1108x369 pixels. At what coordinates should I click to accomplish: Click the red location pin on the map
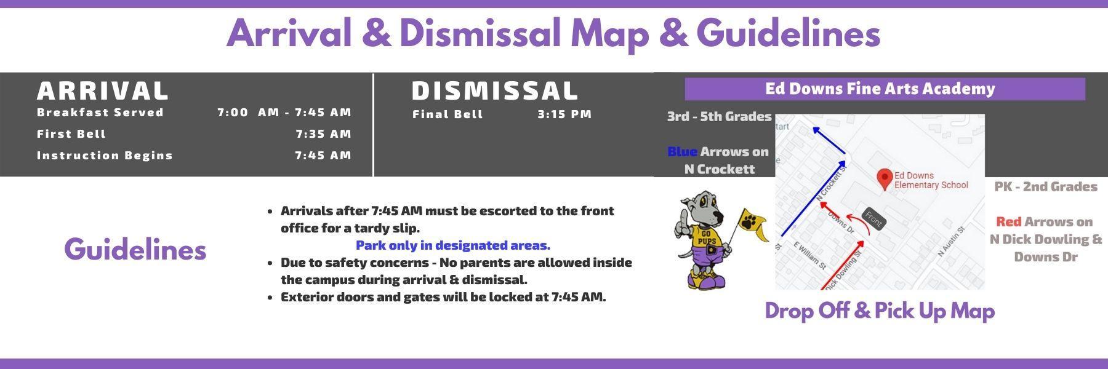pyautogui.click(x=885, y=179)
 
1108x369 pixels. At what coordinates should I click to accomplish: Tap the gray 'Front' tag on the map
pyautogui.click(x=873, y=218)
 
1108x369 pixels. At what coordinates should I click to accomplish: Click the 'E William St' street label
pyautogui.click(x=810, y=255)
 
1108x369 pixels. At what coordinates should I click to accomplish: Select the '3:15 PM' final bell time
pyautogui.click(x=564, y=114)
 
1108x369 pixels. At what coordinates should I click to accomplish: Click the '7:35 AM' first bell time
pyautogui.click(x=323, y=134)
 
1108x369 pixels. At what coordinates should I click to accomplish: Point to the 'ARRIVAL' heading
pyautogui.click(x=103, y=90)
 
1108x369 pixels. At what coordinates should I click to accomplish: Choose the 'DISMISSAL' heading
pyautogui.click(x=495, y=90)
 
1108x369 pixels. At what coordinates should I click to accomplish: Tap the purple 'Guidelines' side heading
pyautogui.click(x=135, y=249)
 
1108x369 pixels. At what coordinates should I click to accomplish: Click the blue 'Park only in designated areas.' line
pyautogui.click(x=453, y=245)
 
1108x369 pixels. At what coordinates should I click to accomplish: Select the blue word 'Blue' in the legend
pyautogui.click(x=683, y=151)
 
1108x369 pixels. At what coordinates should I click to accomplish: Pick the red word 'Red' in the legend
pyautogui.click(x=1009, y=221)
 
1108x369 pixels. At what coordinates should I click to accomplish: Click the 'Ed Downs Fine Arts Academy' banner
pyautogui.click(x=885, y=89)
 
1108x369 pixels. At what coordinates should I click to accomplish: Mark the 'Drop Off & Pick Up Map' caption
pyautogui.click(x=880, y=311)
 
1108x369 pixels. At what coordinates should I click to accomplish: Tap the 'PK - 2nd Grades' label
pyautogui.click(x=1046, y=186)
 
